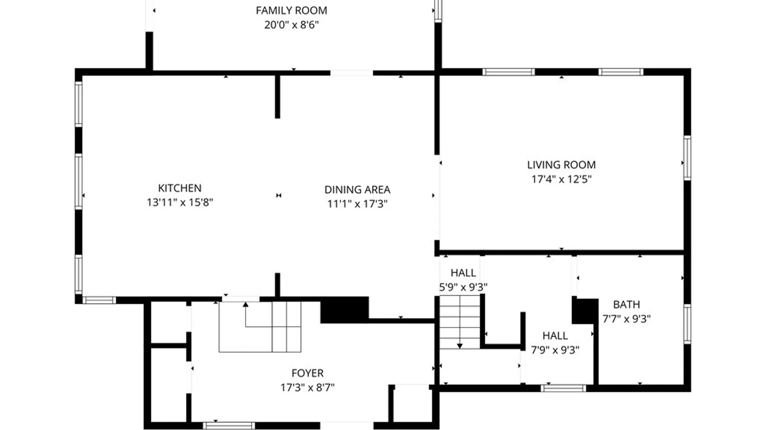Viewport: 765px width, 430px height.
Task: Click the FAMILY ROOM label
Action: [x=291, y=10]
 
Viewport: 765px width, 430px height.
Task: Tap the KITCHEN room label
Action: [x=180, y=188]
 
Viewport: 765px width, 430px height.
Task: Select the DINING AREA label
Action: [x=357, y=190]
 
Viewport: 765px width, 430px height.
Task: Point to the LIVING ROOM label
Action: [x=561, y=165]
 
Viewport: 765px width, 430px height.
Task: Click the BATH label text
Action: [x=626, y=305]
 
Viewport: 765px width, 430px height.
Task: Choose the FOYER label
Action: [x=307, y=373]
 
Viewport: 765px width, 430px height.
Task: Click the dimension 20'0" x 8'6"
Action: [x=291, y=25]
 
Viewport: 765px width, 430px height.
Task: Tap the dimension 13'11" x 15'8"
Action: [x=180, y=202]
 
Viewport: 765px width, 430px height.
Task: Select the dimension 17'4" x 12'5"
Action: [x=561, y=179]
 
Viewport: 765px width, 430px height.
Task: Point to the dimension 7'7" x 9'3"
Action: [x=626, y=319]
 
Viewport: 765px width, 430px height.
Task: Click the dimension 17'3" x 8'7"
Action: [x=307, y=387]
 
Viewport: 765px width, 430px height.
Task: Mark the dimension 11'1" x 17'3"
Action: [x=357, y=204]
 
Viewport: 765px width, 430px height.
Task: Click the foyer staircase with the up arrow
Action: [x=260, y=327]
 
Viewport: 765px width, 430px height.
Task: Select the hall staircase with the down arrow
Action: [x=460, y=322]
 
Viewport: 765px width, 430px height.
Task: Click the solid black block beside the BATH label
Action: [x=585, y=311]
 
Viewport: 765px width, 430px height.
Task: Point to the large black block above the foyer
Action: [x=345, y=309]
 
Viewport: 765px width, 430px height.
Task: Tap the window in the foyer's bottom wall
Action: [x=229, y=426]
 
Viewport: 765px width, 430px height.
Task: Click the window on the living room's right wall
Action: [x=687, y=158]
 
